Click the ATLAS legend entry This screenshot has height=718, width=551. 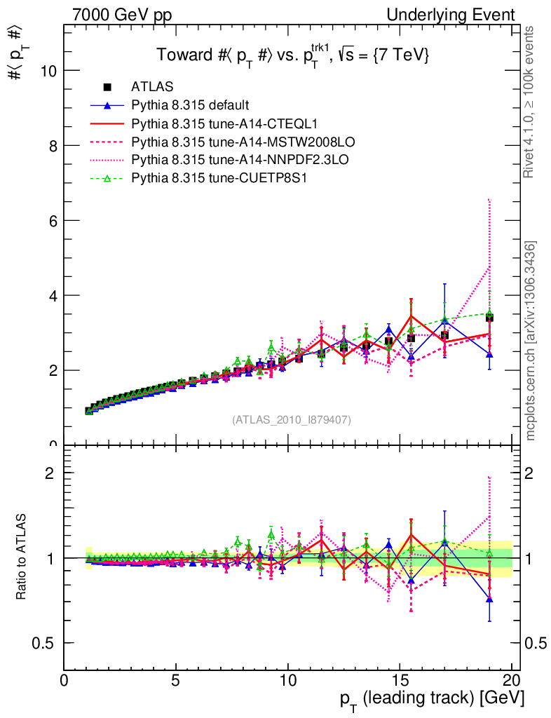click(152, 87)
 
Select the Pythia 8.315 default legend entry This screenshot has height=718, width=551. click(190, 105)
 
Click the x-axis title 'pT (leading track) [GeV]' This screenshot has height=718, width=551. click(432, 699)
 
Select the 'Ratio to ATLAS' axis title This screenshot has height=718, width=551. click(22, 557)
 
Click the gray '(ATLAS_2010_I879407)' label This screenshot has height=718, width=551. click(292, 420)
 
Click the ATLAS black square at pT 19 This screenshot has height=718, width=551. click(489, 318)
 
